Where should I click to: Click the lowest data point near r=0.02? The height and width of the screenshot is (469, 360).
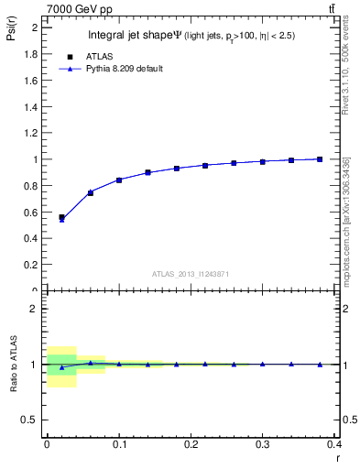pyautogui.click(x=61, y=218)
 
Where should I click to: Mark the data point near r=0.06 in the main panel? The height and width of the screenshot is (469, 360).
pyautogui.click(x=90, y=192)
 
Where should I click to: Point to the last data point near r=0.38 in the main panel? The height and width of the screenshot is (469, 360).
pyautogui.click(x=320, y=158)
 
